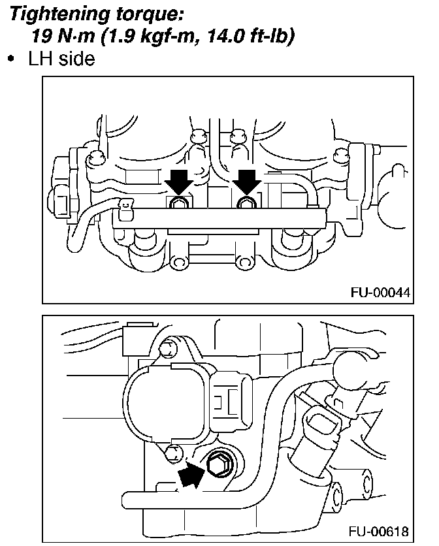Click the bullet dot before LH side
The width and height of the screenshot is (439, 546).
[x=11, y=59]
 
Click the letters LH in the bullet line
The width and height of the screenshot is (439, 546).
[x=39, y=59]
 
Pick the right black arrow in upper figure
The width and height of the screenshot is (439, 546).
[x=247, y=181]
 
